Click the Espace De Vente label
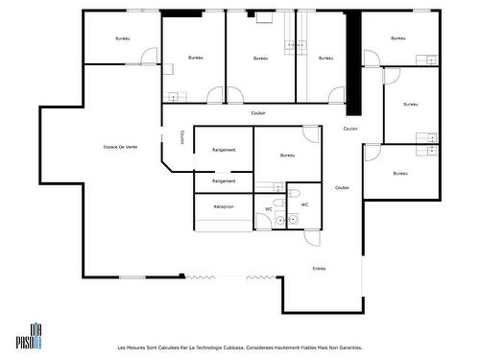pos(119,147)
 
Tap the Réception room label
pos(224,207)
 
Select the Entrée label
pos(320,268)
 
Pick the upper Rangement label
pos(224,149)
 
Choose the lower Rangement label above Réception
pos(224,180)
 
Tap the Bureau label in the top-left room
pos(122,38)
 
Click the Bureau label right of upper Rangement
pos(287,155)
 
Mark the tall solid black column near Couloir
pos(352,61)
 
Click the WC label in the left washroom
pos(269,208)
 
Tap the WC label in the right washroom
pos(304,204)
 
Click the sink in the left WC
pos(279,221)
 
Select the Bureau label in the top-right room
pos(398,38)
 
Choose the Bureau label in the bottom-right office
pos(400,174)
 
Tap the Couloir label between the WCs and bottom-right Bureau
pos(342,187)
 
